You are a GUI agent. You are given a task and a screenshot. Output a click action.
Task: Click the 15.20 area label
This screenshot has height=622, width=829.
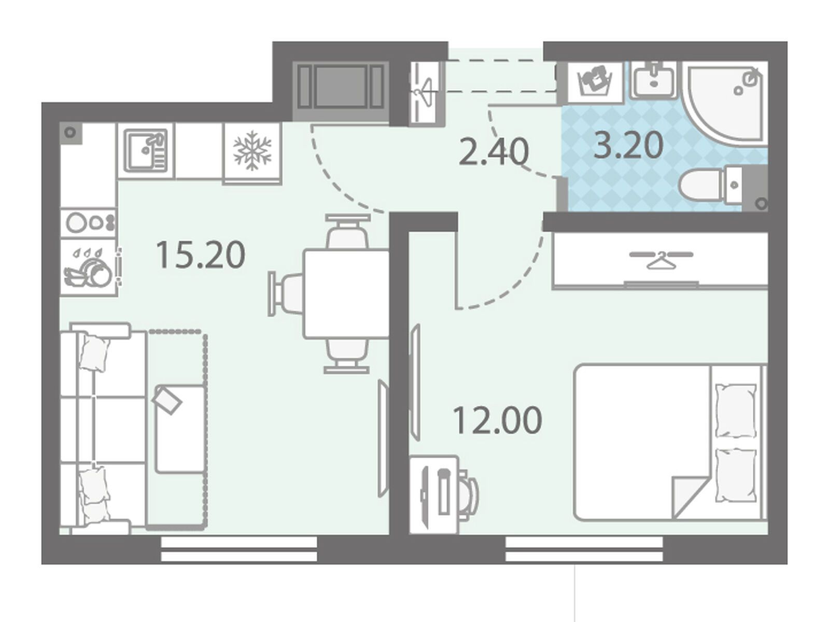coord(200,256)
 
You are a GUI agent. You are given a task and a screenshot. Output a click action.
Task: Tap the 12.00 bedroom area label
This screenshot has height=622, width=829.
coord(497,421)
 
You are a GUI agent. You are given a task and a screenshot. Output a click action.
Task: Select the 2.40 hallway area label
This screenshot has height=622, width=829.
coord(493,152)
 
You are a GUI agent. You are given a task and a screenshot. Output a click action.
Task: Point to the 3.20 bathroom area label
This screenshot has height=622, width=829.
coord(628,145)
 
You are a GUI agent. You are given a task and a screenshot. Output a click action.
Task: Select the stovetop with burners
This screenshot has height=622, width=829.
coord(88,222)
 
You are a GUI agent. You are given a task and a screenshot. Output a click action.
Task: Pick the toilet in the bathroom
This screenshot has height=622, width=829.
coord(710,185)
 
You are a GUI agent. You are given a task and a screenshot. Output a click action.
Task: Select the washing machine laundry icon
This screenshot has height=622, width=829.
coord(596,82)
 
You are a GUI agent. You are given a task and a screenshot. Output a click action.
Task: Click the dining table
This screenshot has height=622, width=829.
coord(346,293)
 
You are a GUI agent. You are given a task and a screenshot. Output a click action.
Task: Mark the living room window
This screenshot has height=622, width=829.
coord(238,549)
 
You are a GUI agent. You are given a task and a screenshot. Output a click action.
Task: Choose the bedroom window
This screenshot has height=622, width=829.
coord(584,549)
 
